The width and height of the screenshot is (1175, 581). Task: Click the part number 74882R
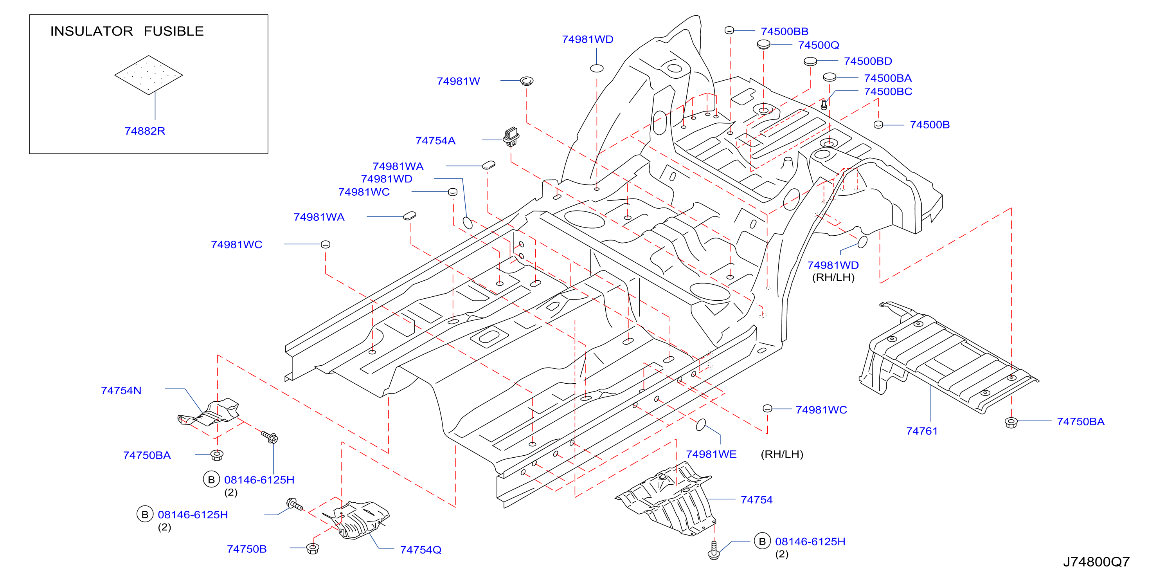coord(145,131)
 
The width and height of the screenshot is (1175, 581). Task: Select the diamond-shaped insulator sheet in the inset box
coord(149,75)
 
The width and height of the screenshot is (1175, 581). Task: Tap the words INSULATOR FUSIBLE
coord(127,31)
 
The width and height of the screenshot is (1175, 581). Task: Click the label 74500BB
coord(784,31)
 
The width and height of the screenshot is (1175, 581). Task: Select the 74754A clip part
coord(511,137)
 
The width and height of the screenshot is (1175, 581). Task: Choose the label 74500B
coord(930,125)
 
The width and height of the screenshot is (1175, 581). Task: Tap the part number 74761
coord(921,431)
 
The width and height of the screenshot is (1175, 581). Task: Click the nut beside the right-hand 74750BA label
coord(1011,422)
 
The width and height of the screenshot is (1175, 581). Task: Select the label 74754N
coord(121,391)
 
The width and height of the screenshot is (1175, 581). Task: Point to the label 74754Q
coord(421,550)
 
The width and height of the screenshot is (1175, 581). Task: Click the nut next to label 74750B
coord(313,548)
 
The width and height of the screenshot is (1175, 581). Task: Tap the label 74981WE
coord(711,454)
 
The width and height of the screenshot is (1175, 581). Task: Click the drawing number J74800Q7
coord(1096,562)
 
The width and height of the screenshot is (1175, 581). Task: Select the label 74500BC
coord(888,92)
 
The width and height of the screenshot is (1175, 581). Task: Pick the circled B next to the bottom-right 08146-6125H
coord(762,541)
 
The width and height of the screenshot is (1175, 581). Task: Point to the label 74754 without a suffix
coord(756,500)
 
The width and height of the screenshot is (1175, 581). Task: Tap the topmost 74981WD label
coord(588,40)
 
